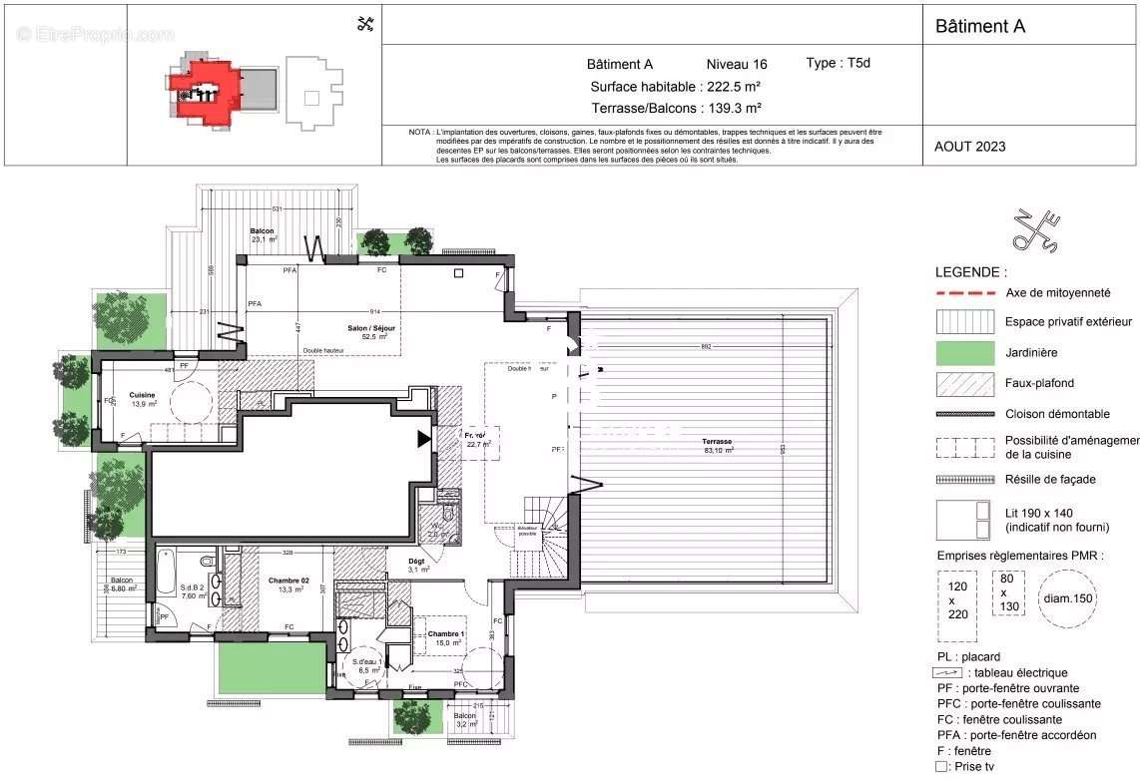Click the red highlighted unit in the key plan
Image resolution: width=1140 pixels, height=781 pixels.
(x=205, y=92)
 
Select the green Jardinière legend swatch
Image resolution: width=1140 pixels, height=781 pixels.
(x=965, y=352)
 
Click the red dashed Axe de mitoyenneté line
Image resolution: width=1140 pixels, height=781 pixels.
(x=965, y=293)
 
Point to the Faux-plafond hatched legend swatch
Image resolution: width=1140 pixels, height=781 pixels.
(x=965, y=383)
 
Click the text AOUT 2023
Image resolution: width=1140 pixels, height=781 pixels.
(x=969, y=147)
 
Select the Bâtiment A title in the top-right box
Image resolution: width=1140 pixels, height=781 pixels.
(x=979, y=27)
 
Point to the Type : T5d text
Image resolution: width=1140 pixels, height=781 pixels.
(x=839, y=63)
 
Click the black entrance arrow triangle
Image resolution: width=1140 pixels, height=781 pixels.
(x=424, y=438)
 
